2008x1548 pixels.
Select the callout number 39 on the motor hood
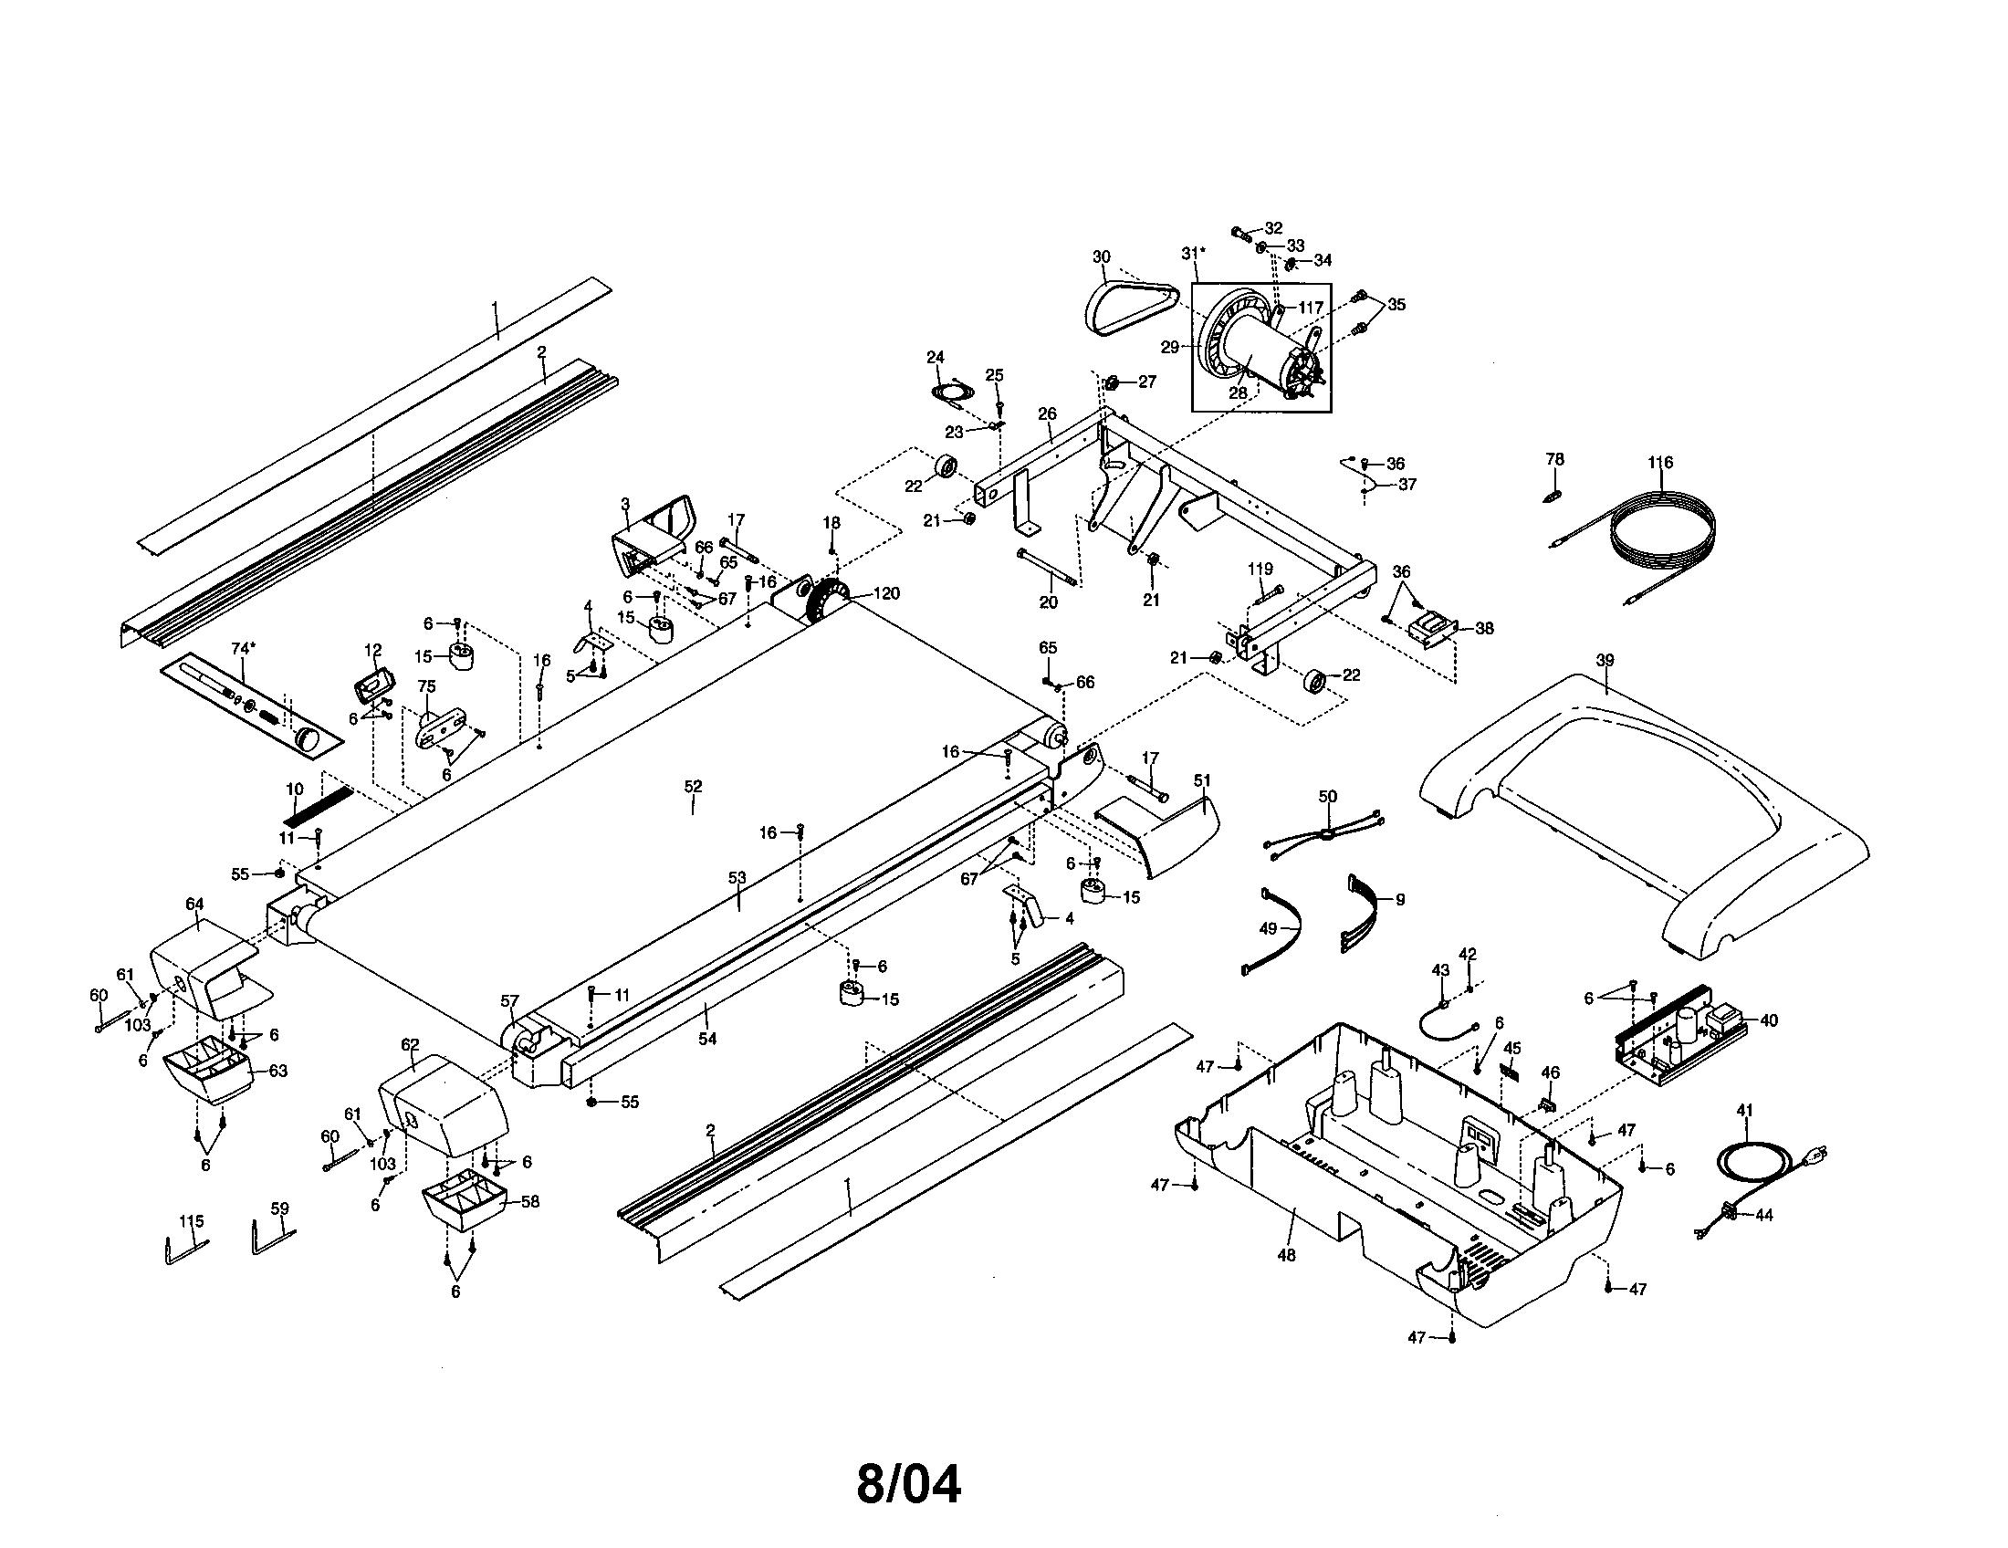coord(1605,660)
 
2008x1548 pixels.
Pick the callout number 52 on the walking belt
coord(693,787)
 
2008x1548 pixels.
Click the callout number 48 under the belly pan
coord(1286,1255)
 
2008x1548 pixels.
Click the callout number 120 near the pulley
coord(885,594)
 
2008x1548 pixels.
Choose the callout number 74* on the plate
coord(242,649)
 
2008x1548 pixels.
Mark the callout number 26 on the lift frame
coord(1047,414)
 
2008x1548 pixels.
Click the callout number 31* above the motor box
coord(1194,253)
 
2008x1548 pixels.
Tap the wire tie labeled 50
coord(1324,834)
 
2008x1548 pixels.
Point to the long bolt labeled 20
coord(1050,569)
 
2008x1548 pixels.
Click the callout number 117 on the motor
coord(1310,308)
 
